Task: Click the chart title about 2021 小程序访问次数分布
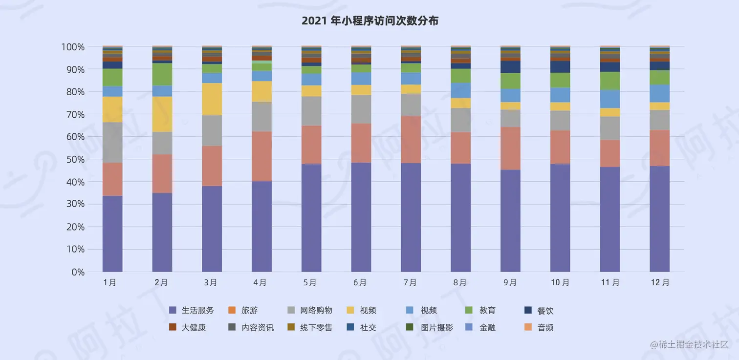click(369, 21)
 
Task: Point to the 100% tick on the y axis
click(73, 47)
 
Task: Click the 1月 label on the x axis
click(110, 283)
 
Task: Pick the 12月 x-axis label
click(660, 283)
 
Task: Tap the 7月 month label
click(410, 283)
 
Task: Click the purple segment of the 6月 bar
click(361, 217)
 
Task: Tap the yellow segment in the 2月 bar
click(162, 114)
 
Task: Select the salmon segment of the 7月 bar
click(411, 139)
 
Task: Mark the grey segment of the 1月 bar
click(112, 143)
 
